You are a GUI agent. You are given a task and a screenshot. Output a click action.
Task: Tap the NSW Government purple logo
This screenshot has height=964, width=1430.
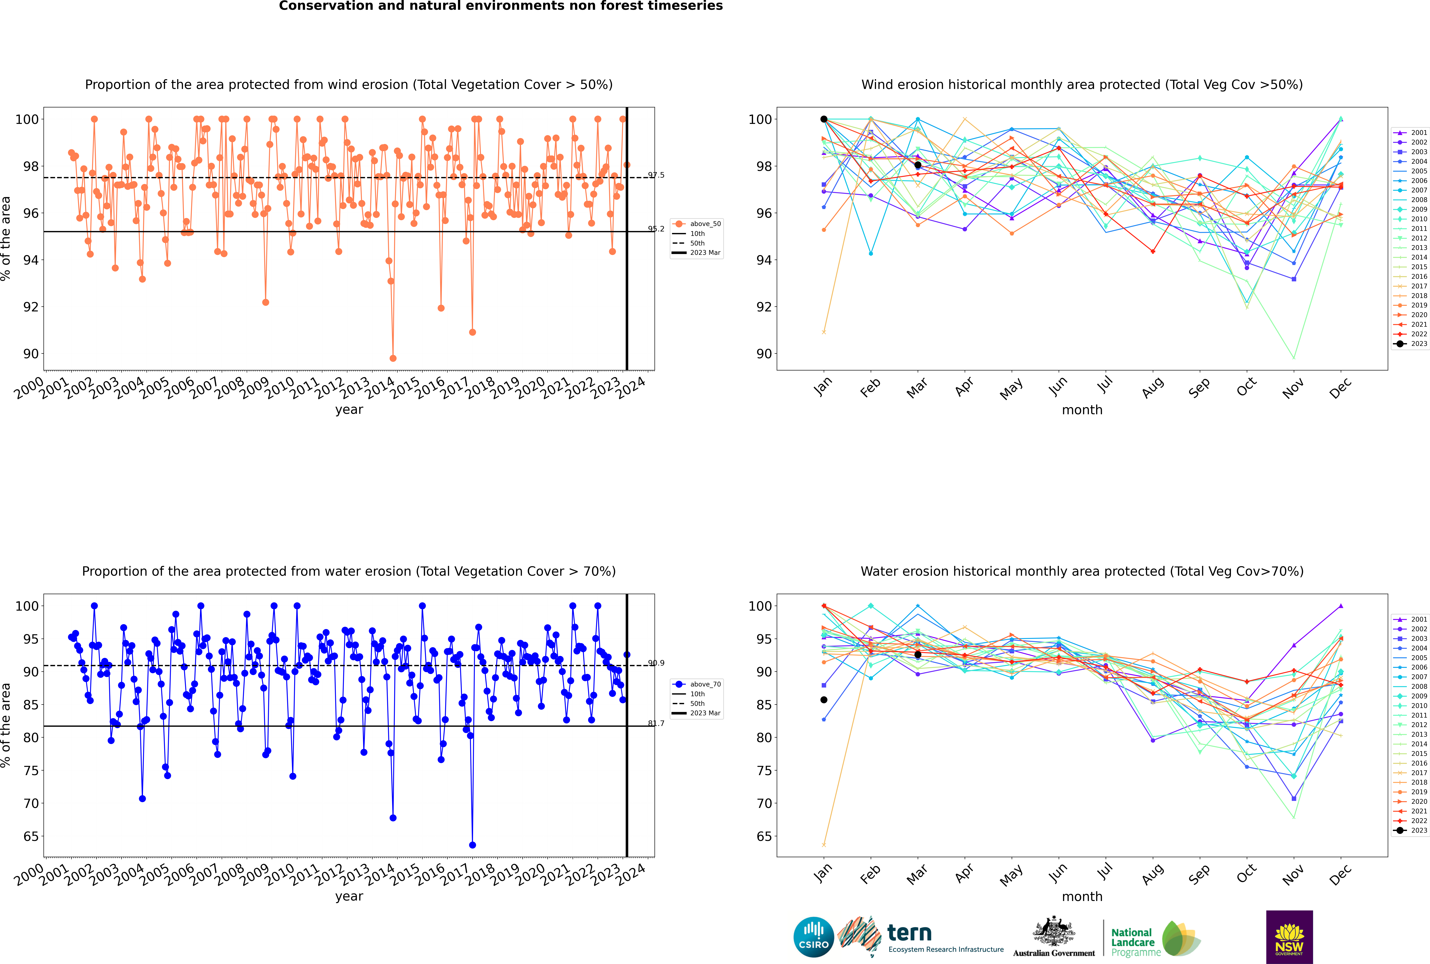[1289, 937]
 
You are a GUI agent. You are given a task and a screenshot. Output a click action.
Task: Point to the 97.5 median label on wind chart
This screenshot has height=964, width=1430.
[656, 175]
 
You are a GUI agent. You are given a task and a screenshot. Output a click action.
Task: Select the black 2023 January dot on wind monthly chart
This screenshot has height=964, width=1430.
[824, 119]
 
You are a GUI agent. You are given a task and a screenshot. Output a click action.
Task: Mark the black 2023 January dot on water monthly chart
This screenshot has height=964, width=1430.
[824, 700]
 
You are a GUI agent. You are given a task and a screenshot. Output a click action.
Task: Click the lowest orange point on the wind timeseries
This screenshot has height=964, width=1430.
[393, 358]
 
